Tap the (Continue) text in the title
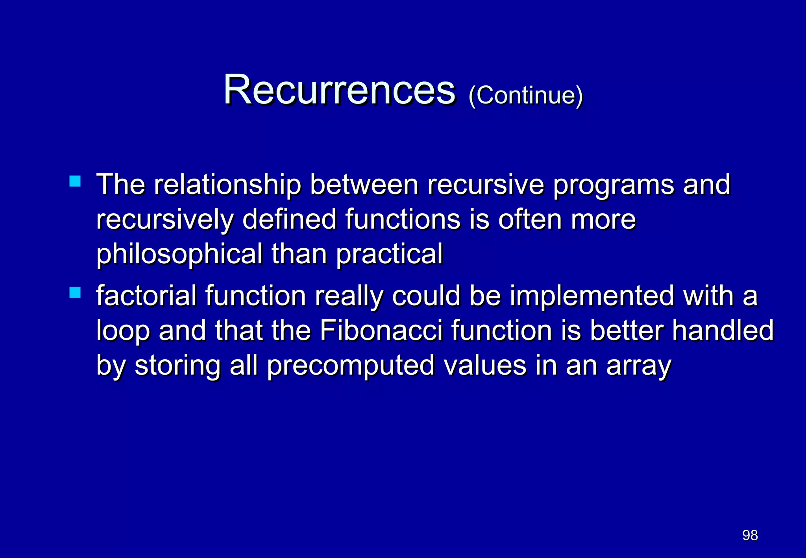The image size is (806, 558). click(525, 95)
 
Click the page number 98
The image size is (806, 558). click(750, 535)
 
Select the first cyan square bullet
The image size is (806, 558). click(75, 181)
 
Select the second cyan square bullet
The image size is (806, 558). click(75, 292)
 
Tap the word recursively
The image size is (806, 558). click(165, 220)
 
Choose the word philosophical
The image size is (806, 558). click(179, 254)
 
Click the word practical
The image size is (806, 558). click(389, 254)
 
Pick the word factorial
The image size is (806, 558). click(146, 296)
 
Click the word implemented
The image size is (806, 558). click(592, 296)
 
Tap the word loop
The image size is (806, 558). click(123, 331)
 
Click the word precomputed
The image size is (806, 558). click(351, 366)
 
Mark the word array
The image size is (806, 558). click(639, 366)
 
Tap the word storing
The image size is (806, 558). click(177, 366)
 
